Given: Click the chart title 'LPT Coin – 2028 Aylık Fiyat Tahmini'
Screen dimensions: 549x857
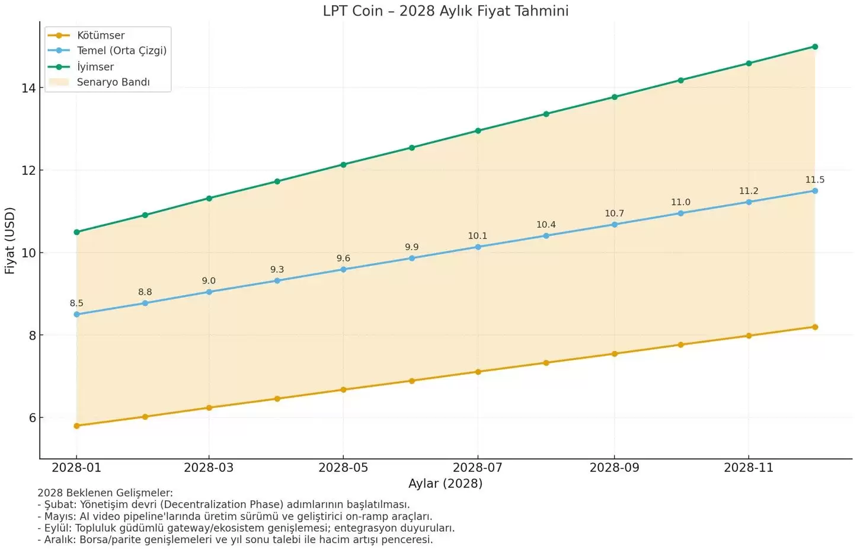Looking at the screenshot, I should pos(445,11).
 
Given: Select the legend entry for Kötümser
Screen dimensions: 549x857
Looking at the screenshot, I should pos(101,36).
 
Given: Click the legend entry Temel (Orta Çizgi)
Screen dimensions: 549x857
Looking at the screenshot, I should pos(121,51).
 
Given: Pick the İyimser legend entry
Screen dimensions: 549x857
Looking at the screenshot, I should pos(95,67).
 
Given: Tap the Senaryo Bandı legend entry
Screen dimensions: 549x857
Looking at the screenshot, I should pos(113,82).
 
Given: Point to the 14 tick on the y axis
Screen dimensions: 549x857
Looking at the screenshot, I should pos(28,88).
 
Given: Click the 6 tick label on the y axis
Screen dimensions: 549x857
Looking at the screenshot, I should pos(32,418).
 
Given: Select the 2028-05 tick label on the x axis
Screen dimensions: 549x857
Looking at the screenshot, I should pos(343,468).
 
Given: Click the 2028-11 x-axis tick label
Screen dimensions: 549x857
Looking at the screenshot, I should pos(749,468).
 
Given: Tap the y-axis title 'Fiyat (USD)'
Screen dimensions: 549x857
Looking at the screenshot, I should pos(9,241).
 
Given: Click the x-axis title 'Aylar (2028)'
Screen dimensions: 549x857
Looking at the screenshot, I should pos(445,483).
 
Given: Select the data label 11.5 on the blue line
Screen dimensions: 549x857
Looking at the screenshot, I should pos(814,180).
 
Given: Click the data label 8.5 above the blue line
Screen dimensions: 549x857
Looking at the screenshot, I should pos(76,304).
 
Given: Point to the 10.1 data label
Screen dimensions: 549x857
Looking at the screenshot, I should pos(477,236).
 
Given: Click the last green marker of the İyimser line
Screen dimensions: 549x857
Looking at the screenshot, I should pos(815,47).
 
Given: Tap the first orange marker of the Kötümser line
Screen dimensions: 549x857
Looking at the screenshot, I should pos(76,426).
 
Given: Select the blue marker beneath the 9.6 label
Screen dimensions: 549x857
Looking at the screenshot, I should pos(343,270).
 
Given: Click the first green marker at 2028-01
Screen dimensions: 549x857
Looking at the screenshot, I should pos(76,232).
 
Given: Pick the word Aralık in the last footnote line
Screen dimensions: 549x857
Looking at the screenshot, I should pos(59,540).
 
